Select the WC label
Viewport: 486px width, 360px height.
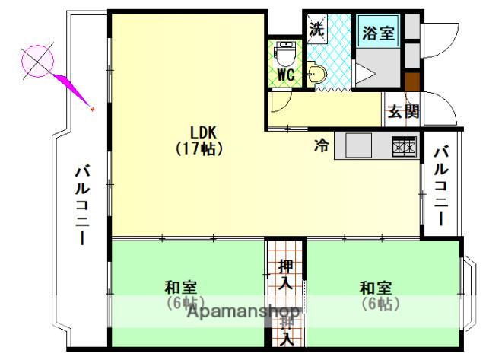coord(287,75)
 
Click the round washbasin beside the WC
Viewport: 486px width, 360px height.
coord(317,74)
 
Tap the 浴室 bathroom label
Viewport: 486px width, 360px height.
coord(378,33)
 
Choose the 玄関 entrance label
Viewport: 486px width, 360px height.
coord(403,110)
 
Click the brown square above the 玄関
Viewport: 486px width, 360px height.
coord(413,81)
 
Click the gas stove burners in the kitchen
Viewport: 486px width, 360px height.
coord(404,145)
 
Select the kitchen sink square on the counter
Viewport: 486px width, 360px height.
coord(357,143)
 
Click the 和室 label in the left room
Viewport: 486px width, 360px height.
coord(181,288)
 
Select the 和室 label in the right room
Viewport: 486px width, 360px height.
coord(376,288)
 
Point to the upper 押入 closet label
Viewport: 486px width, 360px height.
coord(285,276)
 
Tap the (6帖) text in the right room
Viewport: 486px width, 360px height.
coord(376,304)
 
